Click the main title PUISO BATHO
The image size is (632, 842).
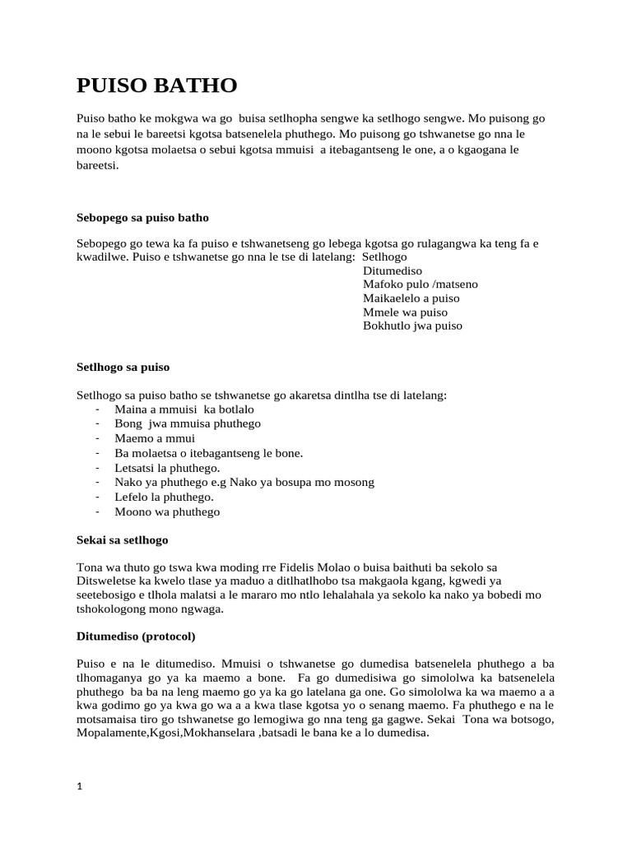pyautogui.click(x=156, y=85)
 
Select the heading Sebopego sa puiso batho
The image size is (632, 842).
pyautogui.click(x=142, y=218)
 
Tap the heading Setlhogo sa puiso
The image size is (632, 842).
pyautogui.click(x=123, y=367)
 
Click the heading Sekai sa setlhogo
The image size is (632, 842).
pyautogui.click(x=122, y=540)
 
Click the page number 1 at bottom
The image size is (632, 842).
pyautogui.click(x=80, y=786)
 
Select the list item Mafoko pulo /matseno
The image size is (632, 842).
pyautogui.click(x=420, y=285)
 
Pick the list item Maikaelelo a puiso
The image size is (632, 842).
pyautogui.click(x=411, y=298)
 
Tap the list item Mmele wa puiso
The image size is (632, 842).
pyautogui.click(x=405, y=312)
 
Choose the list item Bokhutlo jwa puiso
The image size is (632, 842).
pyautogui.click(x=412, y=326)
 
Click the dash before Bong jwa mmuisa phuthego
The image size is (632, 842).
pyautogui.click(x=98, y=424)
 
